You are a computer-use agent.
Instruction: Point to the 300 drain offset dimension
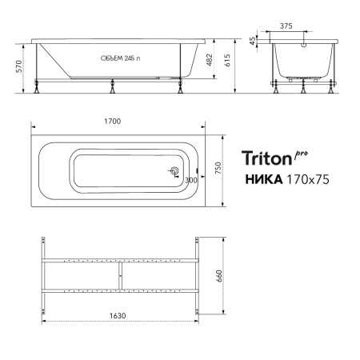tap(190, 180)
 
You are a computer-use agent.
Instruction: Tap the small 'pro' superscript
tap(301, 153)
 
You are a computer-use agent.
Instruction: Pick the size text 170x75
tap(305, 180)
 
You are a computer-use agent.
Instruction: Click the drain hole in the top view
tap(174, 171)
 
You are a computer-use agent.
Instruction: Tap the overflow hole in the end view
tap(303, 46)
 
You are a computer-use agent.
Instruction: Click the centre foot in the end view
tap(303, 87)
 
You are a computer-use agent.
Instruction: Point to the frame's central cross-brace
tap(119, 275)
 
